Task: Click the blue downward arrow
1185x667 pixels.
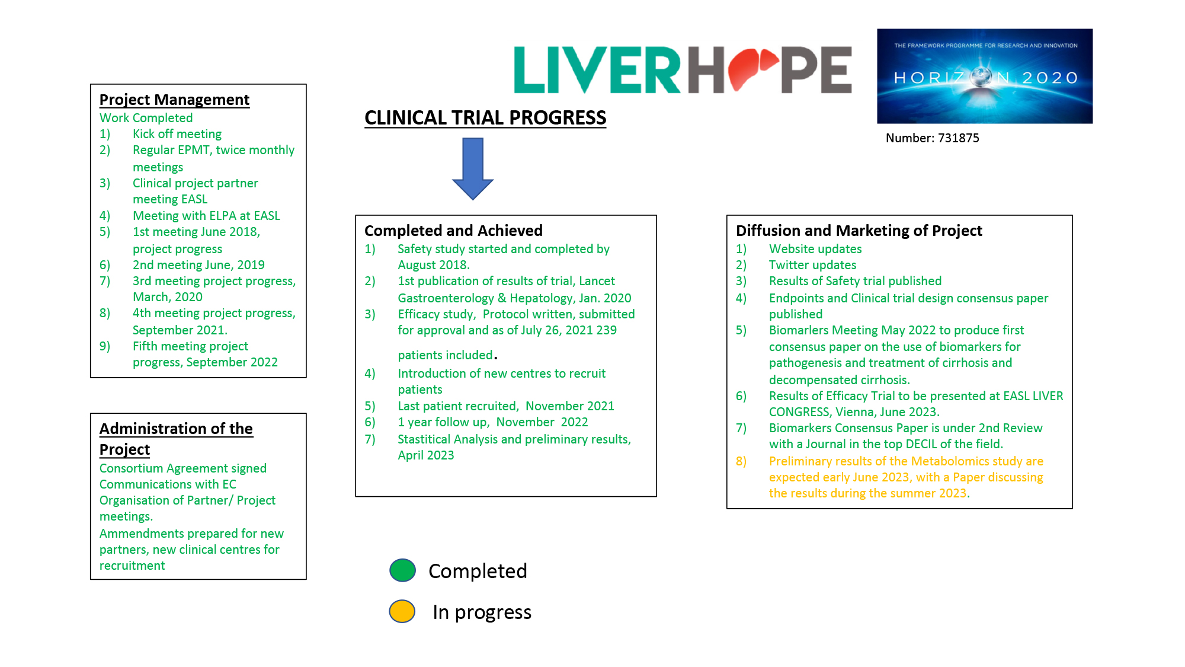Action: click(x=473, y=168)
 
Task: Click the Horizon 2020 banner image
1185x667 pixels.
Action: click(x=985, y=76)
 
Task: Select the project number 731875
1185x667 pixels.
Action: click(x=958, y=138)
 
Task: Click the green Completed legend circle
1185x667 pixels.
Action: click(x=403, y=570)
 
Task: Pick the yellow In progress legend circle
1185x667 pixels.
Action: click(x=402, y=611)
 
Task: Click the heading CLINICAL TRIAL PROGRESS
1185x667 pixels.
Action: click(x=485, y=117)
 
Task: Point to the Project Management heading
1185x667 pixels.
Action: click(x=174, y=100)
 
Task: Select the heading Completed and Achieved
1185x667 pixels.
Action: click(x=453, y=231)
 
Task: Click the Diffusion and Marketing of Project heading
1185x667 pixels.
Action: click(x=859, y=231)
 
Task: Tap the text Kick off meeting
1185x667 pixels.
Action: click(x=177, y=134)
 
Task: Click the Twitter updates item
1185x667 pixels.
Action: click(x=812, y=265)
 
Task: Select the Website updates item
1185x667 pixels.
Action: click(x=815, y=249)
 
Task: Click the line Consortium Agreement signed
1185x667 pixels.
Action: click(x=183, y=468)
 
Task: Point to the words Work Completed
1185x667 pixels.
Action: click(x=146, y=118)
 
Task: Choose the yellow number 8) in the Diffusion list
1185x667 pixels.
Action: click(x=741, y=461)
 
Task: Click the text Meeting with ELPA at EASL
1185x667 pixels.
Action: click(x=206, y=216)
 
